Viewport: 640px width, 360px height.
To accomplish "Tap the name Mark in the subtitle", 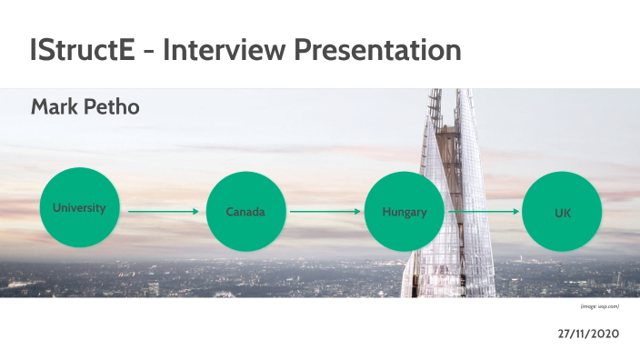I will click(x=55, y=108).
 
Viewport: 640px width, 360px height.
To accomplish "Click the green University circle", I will click(x=79, y=210).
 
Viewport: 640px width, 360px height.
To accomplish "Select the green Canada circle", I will click(x=245, y=212).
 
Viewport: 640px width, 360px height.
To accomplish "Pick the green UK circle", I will click(x=563, y=212).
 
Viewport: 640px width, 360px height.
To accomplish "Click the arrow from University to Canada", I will click(x=163, y=211).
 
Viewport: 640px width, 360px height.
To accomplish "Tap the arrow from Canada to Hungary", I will click(x=325, y=211).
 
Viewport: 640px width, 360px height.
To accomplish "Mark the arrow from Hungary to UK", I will click(x=485, y=211).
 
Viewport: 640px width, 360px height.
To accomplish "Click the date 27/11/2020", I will click(x=588, y=335).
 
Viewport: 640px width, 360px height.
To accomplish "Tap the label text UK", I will click(x=563, y=213).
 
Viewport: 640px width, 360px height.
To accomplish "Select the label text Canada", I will click(x=245, y=212).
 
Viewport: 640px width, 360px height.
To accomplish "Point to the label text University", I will click(x=79, y=207).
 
